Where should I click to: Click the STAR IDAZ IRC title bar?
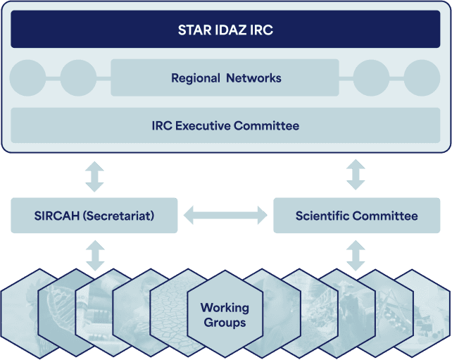(x=225, y=29)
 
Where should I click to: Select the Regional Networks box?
(x=225, y=77)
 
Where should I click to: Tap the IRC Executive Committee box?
(x=225, y=125)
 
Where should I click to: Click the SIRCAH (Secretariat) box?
(x=94, y=216)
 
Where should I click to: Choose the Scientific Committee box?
(x=356, y=216)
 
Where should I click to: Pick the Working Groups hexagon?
(x=225, y=314)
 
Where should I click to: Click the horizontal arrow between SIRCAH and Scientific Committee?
(x=225, y=215)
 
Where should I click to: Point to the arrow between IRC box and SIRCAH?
(x=94, y=177)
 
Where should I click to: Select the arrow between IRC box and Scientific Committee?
(x=356, y=175)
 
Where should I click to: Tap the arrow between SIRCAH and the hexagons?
(x=95, y=256)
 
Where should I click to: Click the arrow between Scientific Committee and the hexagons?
(x=356, y=256)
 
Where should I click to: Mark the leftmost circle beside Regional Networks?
(x=27, y=78)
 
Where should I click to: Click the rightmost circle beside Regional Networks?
(x=422, y=78)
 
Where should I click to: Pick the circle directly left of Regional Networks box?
(x=78, y=78)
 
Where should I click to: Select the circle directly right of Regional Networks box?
(x=371, y=78)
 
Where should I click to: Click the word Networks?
(x=253, y=78)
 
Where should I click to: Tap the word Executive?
(x=203, y=126)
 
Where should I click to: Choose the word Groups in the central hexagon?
(x=225, y=323)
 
